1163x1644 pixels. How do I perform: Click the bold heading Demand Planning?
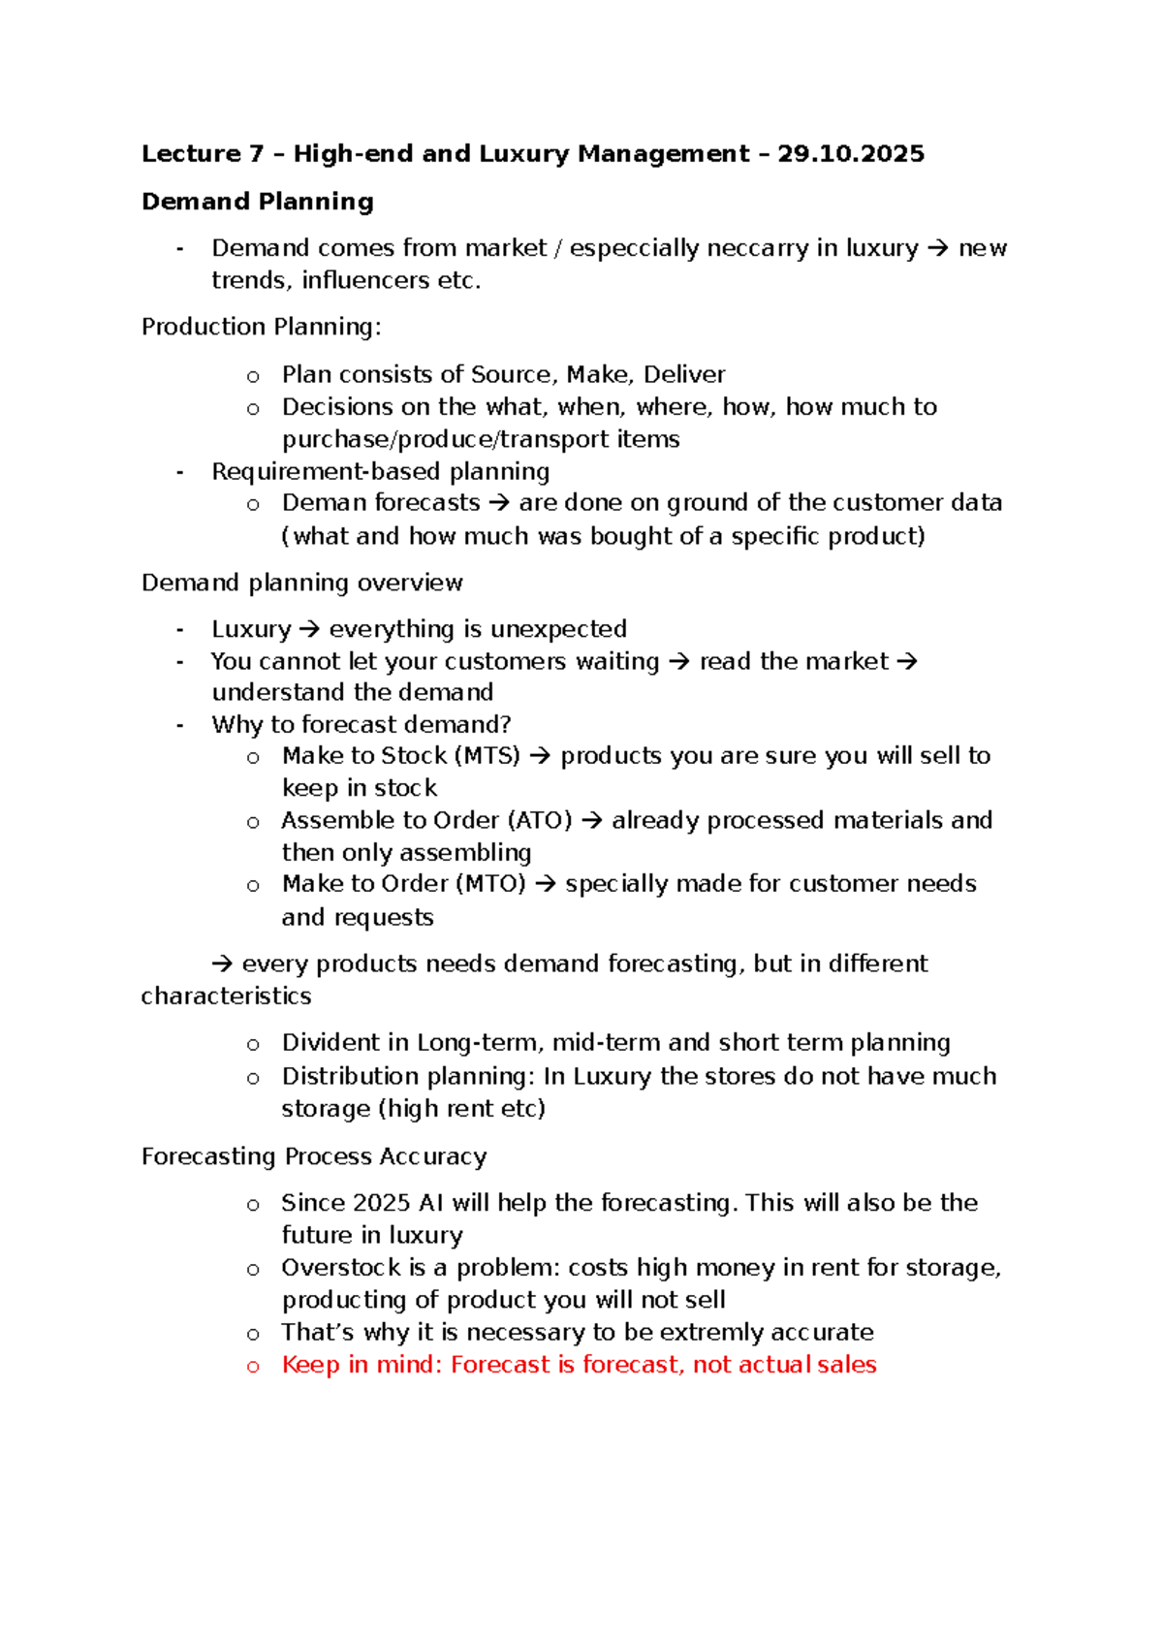257,202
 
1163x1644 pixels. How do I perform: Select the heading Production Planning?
261,327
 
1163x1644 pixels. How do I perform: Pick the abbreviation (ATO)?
540,820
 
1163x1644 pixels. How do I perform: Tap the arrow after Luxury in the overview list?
309,629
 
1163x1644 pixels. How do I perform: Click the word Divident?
331,1043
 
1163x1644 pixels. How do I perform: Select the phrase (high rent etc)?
461,1108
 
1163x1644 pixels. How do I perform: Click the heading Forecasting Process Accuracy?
314,1156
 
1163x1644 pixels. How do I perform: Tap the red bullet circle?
253,1367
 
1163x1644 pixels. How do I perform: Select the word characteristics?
226,996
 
